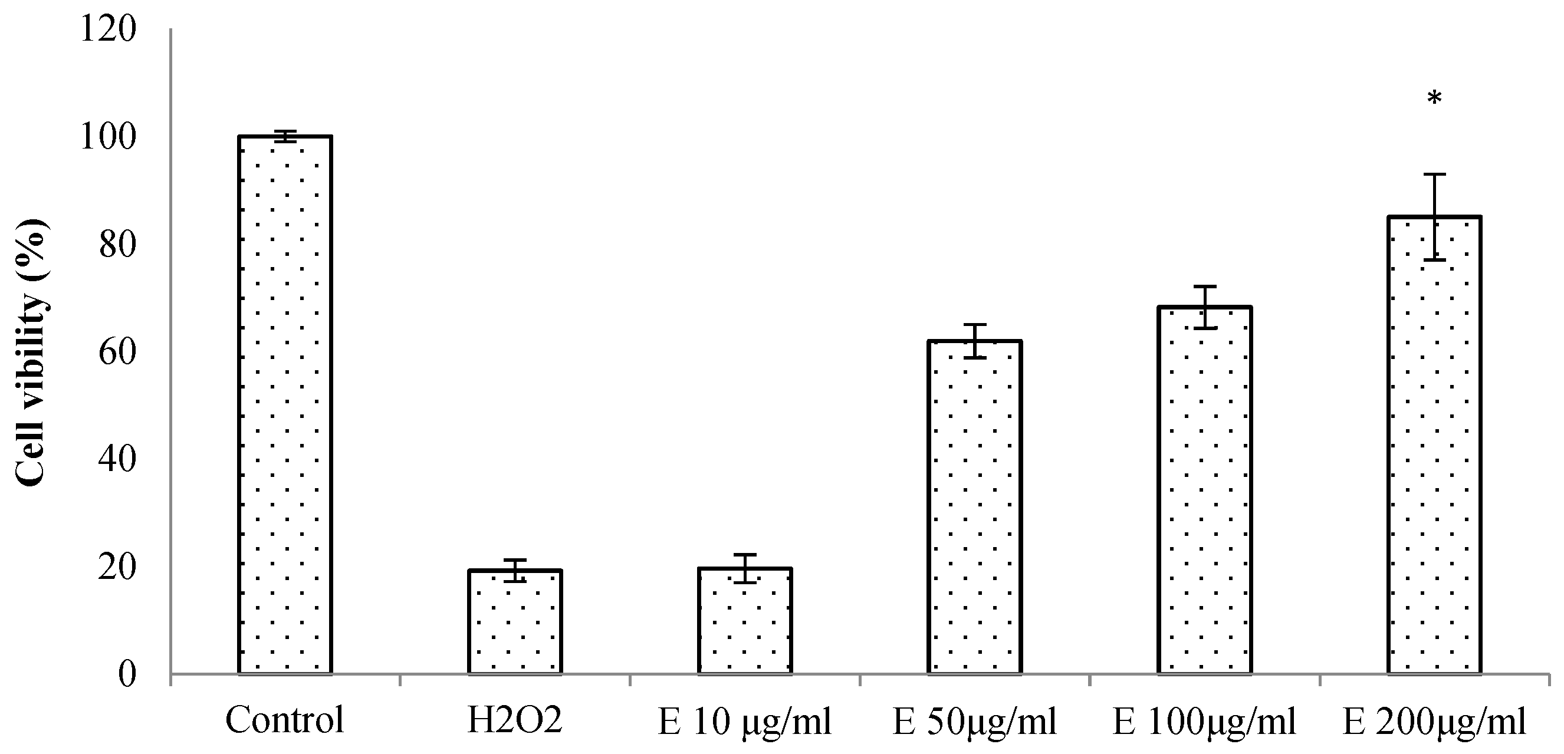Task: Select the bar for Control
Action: tap(285, 406)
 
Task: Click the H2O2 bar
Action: tap(514, 622)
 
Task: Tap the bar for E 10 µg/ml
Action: tap(744, 620)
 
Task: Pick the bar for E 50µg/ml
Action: tap(974, 508)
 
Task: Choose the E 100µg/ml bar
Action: tap(1205, 490)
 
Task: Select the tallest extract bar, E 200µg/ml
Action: tap(1434, 445)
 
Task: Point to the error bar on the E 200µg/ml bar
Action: tap(1434, 217)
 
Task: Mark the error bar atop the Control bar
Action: tap(285, 137)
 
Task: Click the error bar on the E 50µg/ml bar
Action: tap(974, 341)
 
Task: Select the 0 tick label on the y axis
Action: tap(126, 674)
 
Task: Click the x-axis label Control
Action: tap(285, 720)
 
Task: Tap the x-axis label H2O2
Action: tap(514, 720)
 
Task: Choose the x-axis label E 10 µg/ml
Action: tap(744, 722)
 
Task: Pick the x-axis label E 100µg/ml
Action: tap(1205, 722)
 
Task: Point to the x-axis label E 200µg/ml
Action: tap(1434, 722)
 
